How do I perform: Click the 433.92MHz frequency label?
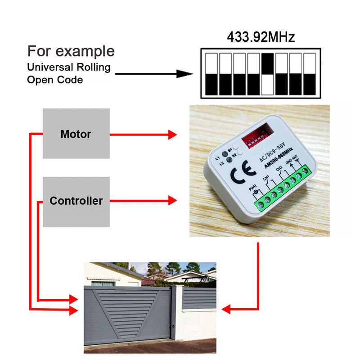click(261, 37)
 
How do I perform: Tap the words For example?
click(71, 51)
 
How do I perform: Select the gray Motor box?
click(76, 134)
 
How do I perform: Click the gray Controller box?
click(76, 202)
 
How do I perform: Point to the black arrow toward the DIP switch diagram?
click(154, 74)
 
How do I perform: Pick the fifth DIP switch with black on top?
click(267, 74)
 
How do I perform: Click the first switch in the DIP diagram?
click(211, 74)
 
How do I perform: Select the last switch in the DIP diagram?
click(310, 74)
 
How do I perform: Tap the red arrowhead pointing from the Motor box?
click(172, 135)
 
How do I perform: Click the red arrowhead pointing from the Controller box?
click(172, 200)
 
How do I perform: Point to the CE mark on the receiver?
click(243, 172)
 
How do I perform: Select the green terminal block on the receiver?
click(283, 188)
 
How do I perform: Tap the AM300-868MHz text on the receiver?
click(279, 158)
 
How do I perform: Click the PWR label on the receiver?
click(252, 188)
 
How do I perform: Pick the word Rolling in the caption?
click(94, 67)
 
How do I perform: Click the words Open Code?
click(55, 80)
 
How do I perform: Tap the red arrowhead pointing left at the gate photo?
click(226, 310)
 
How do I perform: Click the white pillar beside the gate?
click(176, 313)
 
